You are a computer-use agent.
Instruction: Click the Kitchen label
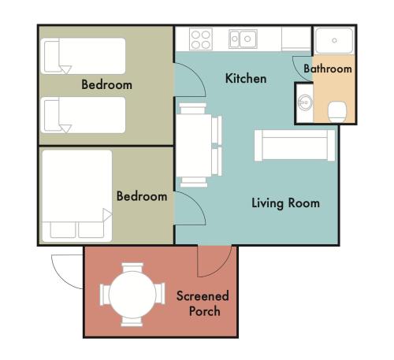246,79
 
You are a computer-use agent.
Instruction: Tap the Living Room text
285,203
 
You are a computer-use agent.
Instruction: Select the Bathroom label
328,69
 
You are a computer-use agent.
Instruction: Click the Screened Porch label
203,303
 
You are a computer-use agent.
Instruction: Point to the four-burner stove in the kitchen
201,39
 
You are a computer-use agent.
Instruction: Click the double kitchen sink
243,39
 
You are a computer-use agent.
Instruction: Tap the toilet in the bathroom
337,112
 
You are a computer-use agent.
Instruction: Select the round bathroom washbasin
305,102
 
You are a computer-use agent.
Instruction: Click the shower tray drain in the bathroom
334,40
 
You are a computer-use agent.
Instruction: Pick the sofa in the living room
295,145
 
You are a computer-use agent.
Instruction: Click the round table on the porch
132,295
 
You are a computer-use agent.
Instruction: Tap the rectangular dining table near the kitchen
194,145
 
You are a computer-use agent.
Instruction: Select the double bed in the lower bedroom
77,196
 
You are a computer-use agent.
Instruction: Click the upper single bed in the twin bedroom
83,56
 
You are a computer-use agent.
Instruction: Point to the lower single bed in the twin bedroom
83,115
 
